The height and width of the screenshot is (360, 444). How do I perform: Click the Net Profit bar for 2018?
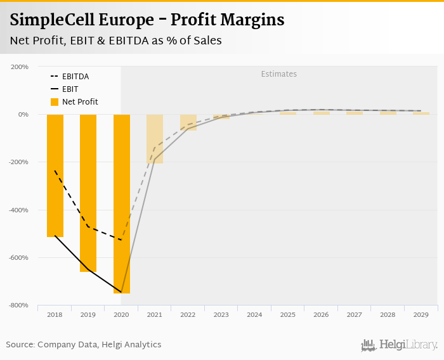tap(55, 176)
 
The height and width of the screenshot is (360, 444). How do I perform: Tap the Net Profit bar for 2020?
tap(122, 203)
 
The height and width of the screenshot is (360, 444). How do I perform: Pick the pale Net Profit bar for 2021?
tap(155, 139)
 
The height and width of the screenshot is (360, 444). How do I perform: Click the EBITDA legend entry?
tap(75, 77)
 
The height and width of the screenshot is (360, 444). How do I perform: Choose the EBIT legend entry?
tap(70, 89)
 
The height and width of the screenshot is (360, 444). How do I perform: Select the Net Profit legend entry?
tap(79, 102)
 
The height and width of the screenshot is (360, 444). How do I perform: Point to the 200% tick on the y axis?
tap(20, 67)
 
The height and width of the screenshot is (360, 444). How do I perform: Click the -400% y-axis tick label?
tap(18, 210)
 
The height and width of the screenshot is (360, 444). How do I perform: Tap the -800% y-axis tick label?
tap(18, 305)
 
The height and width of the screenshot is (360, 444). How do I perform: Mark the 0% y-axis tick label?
tap(23, 115)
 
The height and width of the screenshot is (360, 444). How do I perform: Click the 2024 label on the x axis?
tap(254, 314)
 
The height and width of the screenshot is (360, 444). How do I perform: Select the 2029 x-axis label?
tap(421, 314)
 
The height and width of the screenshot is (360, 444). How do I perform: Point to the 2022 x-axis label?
tap(188, 314)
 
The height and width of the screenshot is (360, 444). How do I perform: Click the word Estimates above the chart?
tap(279, 74)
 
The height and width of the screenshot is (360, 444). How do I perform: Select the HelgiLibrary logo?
tap(400, 345)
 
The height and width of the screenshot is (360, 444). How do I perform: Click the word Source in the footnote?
tap(20, 345)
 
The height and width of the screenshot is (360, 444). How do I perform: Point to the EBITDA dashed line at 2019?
tap(88, 227)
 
